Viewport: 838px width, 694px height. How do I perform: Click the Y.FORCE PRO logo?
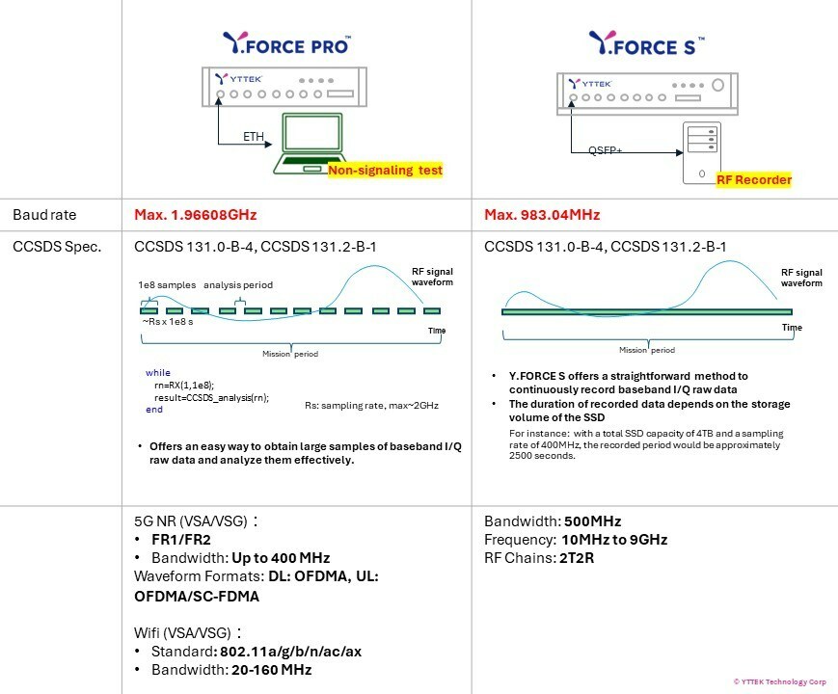287,42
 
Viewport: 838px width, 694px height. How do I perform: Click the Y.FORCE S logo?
647,43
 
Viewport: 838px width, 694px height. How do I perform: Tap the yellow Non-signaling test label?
386,171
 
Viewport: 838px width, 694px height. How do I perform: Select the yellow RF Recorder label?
753,179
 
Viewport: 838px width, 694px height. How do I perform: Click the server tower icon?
702,153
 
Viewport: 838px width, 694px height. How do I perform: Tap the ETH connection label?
254,137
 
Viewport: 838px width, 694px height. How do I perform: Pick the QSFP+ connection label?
605,150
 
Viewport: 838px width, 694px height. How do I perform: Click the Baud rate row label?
44,215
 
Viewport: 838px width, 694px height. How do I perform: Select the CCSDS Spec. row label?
57,247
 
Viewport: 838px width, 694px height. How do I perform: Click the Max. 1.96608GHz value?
196,215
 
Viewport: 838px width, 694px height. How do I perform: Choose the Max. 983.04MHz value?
542,215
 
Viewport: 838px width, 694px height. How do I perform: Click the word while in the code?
157,373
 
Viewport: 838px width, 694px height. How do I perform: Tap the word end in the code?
154,410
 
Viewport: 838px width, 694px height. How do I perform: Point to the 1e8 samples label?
167,284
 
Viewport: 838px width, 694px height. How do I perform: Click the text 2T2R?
577,558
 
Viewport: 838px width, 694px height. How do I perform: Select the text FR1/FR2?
181,540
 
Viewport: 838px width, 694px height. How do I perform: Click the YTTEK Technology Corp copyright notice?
780,681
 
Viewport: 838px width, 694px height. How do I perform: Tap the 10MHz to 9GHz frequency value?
614,540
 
